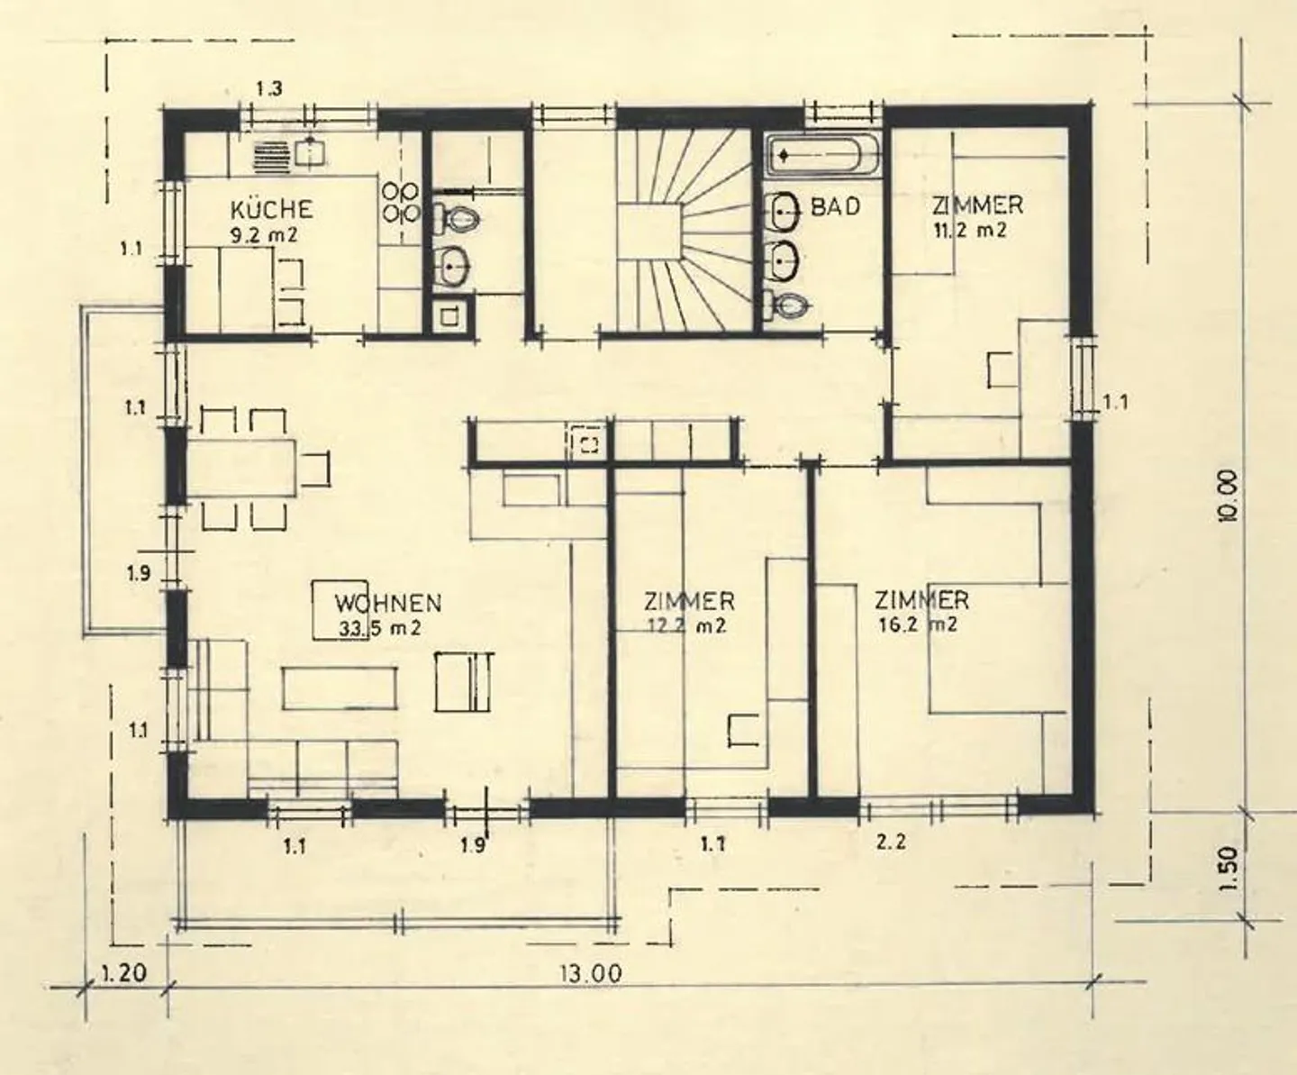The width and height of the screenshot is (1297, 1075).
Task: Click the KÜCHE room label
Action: tap(271, 209)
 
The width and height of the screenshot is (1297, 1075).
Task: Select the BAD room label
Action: tap(836, 206)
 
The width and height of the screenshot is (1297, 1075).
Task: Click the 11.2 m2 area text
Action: tap(970, 231)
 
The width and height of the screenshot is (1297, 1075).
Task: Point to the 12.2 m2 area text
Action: tap(686, 625)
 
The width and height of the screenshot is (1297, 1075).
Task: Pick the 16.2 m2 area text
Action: tap(918, 624)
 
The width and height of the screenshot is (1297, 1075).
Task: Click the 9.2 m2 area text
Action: tap(263, 235)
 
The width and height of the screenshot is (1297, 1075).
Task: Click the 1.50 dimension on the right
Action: tap(1228, 868)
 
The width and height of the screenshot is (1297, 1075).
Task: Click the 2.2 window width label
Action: tap(891, 843)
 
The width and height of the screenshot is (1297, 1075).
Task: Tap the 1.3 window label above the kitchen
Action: tap(269, 89)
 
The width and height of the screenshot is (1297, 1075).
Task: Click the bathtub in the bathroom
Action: tap(823, 154)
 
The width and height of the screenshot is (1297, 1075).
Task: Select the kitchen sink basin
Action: tap(310, 151)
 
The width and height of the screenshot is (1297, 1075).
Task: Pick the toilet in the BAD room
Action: tap(785, 305)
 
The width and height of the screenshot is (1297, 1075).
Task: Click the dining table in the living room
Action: tap(240, 468)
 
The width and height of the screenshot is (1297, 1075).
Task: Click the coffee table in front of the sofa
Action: tap(340, 688)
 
